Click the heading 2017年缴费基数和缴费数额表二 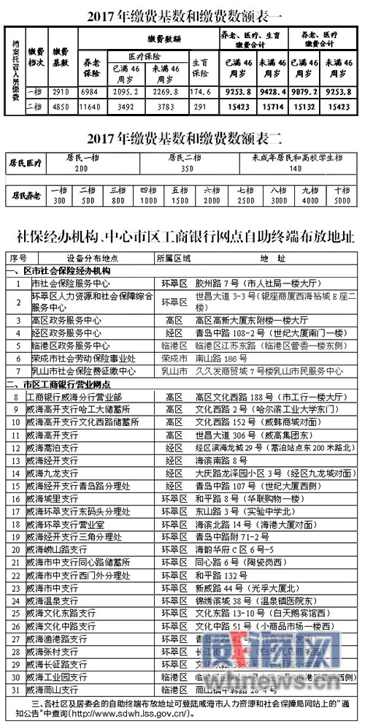point(182,138)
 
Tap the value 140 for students point(296,167)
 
